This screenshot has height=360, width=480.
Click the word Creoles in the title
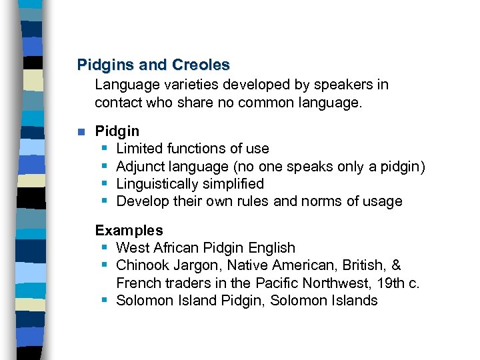(x=201, y=65)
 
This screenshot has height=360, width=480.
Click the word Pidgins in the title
(x=106, y=65)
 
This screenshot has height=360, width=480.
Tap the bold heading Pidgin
(x=117, y=131)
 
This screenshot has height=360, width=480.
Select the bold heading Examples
(x=129, y=231)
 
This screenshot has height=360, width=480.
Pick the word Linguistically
(x=157, y=184)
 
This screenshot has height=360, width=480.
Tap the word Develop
(x=142, y=201)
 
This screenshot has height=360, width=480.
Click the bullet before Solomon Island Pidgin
(x=105, y=301)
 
